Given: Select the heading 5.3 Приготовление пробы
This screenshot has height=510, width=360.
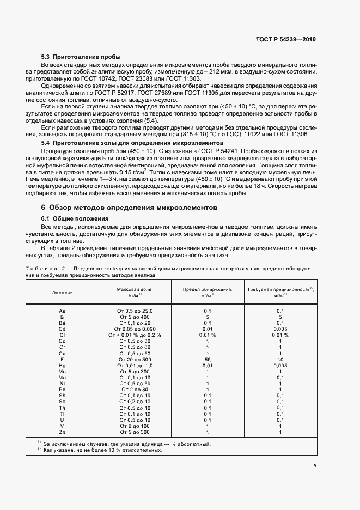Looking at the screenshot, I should click(x=81, y=57).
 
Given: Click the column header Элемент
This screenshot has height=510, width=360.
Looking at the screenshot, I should click(x=62, y=293).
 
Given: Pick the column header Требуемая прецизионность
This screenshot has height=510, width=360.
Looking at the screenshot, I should click(x=280, y=290).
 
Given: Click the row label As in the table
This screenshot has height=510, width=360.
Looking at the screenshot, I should click(x=62, y=311).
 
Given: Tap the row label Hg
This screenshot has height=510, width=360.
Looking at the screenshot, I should click(x=62, y=365).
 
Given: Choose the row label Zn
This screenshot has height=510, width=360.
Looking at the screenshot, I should click(x=62, y=432).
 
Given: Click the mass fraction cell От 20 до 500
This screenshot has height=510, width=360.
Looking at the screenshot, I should click(x=135, y=359).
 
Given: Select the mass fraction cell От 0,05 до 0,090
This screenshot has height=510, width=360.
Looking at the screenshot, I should click(x=135, y=329).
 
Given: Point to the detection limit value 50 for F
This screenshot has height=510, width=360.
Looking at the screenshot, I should click(x=207, y=359).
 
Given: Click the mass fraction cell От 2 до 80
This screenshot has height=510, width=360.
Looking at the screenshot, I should click(x=135, y=390).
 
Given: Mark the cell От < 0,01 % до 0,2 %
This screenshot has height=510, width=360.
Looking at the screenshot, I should click(x=135, y=335).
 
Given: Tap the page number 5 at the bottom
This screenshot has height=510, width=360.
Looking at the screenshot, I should click(x=315, y=466).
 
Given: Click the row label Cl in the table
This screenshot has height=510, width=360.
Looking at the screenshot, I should click(x=62, y=335).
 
